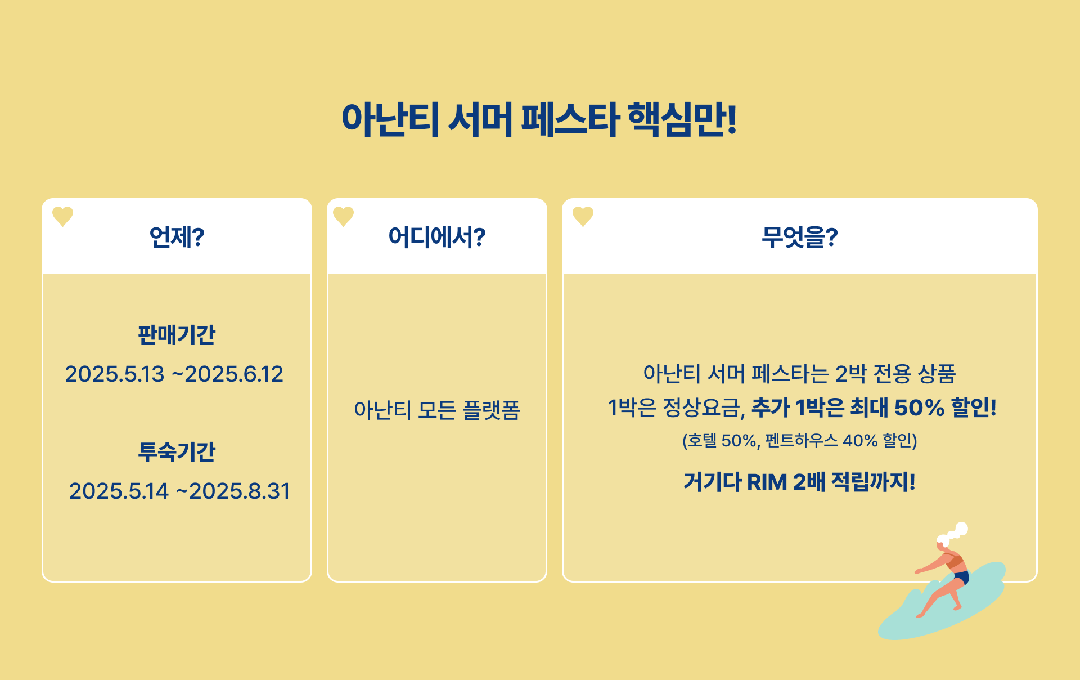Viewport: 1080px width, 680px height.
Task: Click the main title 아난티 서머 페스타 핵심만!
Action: pyautogui.click(x=539, y=119)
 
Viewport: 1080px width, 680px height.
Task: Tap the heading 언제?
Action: pyautogui.click(x=177, y=237)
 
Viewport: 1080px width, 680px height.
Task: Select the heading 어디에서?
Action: pyautogui.click(x=437, y=237)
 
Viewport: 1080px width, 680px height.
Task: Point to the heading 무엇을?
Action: pyautogui.click(x=799, y=237)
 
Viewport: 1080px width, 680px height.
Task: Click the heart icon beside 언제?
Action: pyautogui.click(x=62, y=216)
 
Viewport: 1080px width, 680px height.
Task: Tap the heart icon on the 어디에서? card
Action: pyautogui.click(x=343, y=216)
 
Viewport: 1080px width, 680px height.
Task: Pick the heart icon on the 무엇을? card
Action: pyautogui.click(x=583, y=216)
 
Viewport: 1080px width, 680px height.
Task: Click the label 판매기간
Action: pyautogui.click(x=177, y=335)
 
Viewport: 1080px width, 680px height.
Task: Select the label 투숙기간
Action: pyautogui.click(x=177, y=451)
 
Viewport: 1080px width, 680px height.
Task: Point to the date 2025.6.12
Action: pyautogui.click(x=234, y=374)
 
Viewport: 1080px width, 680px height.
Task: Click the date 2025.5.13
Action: pyautogui.click(x=115, y=374)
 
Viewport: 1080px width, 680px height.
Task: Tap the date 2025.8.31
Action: pyautogui.click(x=240, y=491)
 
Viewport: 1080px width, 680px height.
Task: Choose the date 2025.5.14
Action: pyautogui.click(x=119, y=491)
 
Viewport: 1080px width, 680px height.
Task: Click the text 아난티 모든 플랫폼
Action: pyautogui.click(x=437, y=410)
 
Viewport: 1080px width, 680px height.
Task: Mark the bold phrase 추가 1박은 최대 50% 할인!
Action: pyautogui.click(x=874, y=408)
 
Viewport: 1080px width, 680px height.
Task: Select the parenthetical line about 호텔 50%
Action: pyautogui.click(x=799, y=440)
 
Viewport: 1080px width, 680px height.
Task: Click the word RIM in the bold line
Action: pyautogui.click(x=767, y=482)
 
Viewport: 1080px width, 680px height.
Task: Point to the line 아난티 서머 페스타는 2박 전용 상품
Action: pyautogui.click(x=799, y=373)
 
